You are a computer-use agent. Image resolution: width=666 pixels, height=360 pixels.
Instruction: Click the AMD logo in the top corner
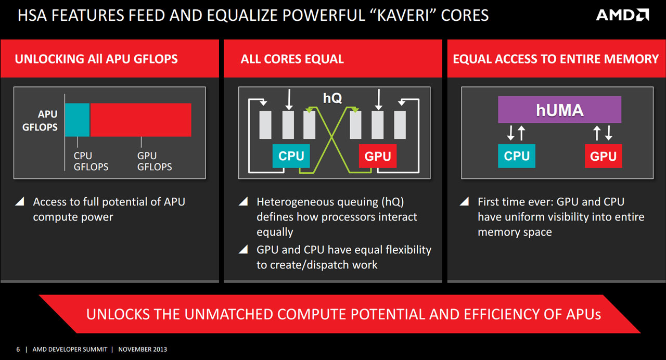pos(622,15)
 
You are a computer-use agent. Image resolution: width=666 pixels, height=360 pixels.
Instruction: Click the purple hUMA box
pos(559,109)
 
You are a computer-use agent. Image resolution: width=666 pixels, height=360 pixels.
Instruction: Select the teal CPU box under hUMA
pos(517,156)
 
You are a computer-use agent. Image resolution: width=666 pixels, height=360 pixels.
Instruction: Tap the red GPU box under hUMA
pos(603,156)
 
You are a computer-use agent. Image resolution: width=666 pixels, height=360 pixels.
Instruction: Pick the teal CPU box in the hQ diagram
pos(291,156)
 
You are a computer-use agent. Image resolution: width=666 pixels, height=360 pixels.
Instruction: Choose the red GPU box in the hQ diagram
pos(378,156)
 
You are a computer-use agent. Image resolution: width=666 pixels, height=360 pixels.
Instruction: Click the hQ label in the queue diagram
pos(332,98)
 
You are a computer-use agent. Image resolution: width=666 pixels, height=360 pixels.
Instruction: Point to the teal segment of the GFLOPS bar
pos(78,120)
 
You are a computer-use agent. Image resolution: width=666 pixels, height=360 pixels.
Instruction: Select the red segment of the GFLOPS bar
pos(140,120)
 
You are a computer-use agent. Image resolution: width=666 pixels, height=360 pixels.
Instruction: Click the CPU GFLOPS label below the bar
pos(91,161)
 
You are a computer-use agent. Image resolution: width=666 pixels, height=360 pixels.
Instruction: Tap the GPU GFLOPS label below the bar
pos(155,161)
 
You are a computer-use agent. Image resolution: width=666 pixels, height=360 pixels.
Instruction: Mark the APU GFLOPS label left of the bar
pos(40,120)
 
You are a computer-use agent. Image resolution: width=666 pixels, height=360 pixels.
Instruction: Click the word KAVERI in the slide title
pos(403,16)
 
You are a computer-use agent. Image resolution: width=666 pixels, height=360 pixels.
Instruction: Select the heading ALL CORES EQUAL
pos(292,59)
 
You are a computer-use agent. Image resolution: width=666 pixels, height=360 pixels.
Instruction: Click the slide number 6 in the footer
pos(18,349)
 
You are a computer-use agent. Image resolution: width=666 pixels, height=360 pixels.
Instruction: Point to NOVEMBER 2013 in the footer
pos(143,349)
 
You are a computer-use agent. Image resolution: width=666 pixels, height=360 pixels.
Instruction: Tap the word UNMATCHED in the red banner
pos(228,314)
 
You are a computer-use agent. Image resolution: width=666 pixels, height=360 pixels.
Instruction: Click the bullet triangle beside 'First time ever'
pos(465,201)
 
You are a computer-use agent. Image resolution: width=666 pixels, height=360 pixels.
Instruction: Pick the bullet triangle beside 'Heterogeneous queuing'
pos(243,201)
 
